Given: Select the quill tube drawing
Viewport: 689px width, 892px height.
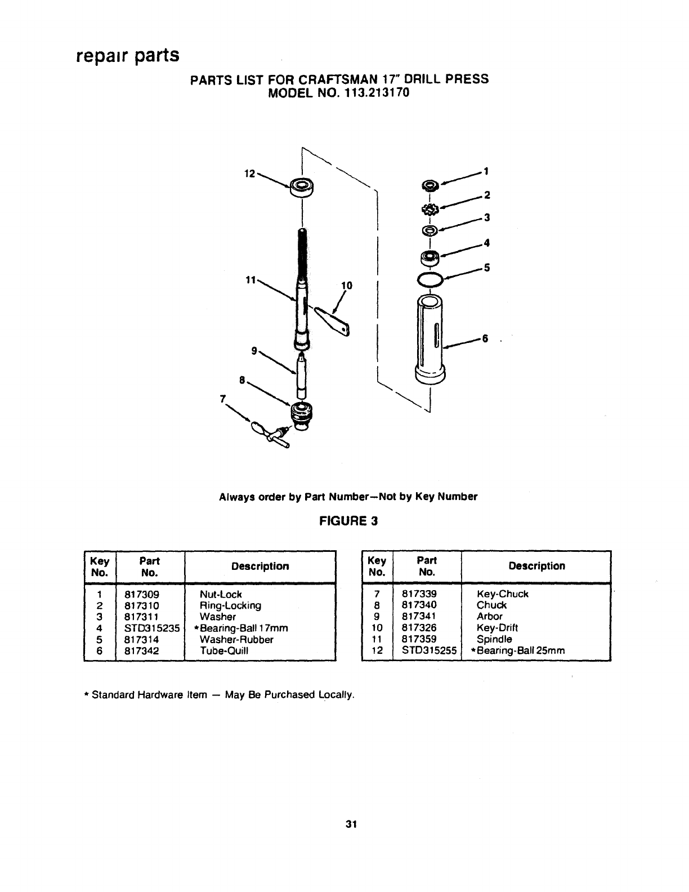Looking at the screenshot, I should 431,337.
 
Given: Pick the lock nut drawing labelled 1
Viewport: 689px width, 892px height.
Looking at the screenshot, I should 431,185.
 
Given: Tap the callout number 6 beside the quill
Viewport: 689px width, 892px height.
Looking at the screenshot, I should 484,338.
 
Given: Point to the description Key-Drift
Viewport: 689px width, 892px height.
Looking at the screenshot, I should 497,627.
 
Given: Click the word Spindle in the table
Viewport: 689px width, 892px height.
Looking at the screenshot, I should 494,639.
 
